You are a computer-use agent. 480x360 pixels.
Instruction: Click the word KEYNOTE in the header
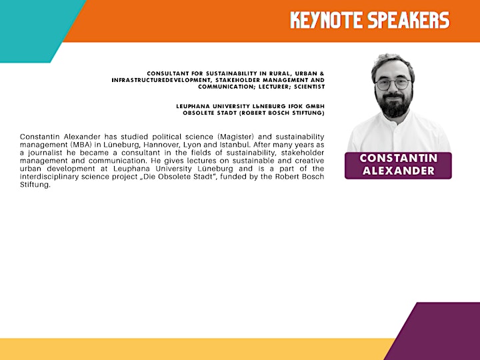click(x=326, y=20)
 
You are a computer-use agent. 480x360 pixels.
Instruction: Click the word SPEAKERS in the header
click(x=409, y=20)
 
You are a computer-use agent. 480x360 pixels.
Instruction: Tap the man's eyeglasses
click(x=393, y=83)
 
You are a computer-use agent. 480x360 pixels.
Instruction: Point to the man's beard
click(x=394, y=105)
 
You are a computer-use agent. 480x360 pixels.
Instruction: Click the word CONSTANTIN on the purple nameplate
click(x=398, y=158)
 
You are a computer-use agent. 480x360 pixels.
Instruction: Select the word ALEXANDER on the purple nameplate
click(x=398, y=171)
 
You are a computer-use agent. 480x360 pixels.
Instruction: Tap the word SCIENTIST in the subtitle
click(x=309, y=87)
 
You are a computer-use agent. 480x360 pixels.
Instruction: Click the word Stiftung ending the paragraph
click(x=35, y=185)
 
